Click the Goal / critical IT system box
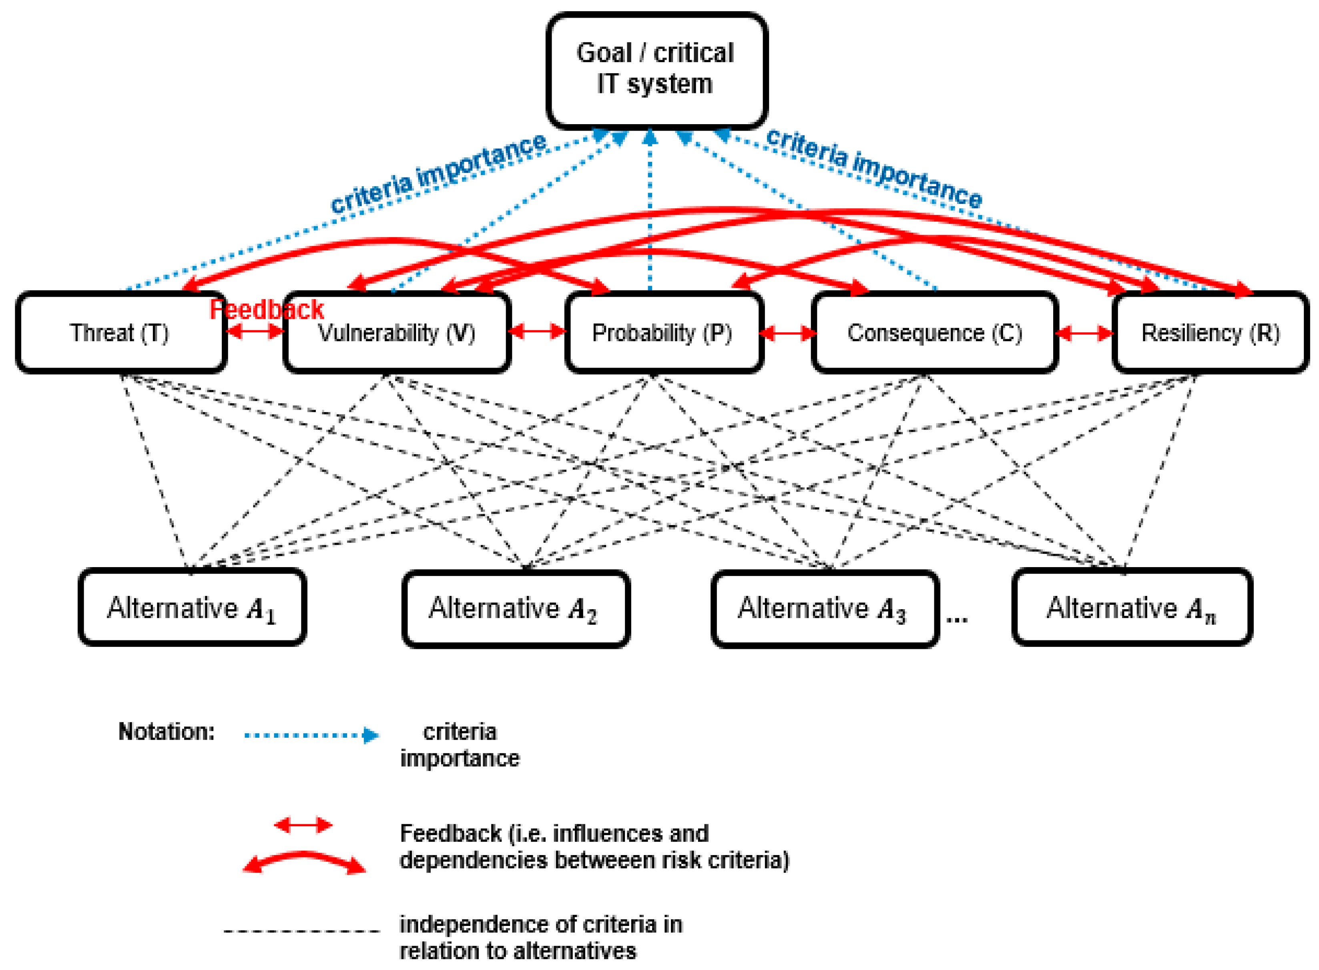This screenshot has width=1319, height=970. (656, 69)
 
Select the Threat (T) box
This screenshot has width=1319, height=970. (120, 333)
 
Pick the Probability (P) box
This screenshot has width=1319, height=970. (663, 333)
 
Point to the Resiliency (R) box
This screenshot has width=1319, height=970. (1210, 333)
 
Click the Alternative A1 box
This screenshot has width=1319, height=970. (192, 608)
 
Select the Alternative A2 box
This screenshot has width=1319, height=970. (515, 609)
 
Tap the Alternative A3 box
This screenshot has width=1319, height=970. (824, 609)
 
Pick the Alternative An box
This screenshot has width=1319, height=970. (1131, 608)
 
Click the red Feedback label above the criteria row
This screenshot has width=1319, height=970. (267, 310)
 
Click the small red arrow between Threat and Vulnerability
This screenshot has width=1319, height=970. (255, 332)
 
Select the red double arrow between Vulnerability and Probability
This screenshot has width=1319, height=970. (537, 332)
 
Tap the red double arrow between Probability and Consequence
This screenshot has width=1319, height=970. (787, 334)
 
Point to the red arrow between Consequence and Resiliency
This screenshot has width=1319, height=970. (1084, 334)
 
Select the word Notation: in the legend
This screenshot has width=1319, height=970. (167, 732)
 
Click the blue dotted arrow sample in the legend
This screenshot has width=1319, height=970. (311, 735)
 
